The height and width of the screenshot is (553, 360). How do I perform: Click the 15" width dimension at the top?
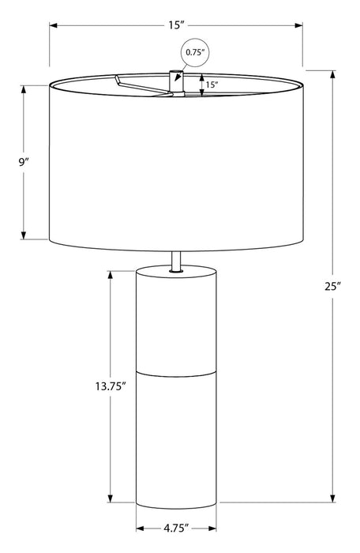tap(175, 25)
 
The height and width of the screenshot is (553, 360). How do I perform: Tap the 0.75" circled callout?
tap(195, 53)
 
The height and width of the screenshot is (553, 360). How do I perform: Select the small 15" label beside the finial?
tap(212, 85)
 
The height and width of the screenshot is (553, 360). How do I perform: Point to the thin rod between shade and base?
tap(176, 258)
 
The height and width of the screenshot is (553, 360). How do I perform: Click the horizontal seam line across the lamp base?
tap(176, 369)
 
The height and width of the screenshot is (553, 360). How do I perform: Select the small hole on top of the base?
tap(176, 272)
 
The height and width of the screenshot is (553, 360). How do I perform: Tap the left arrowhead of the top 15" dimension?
tap(54, 25)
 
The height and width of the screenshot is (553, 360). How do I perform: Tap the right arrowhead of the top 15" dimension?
tap(299, 25)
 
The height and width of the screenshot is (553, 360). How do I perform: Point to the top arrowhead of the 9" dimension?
tap(24, 88)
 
